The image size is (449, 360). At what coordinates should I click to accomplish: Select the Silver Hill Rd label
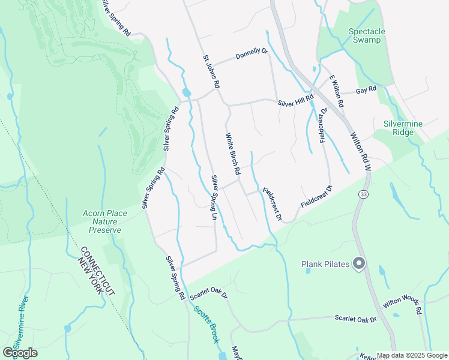click(x=295, y=101)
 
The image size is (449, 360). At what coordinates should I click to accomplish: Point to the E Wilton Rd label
click(x=336, y=91)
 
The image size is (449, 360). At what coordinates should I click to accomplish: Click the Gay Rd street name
click(x=366, y=89)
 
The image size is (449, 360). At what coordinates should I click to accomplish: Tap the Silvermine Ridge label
click(x=403, y=128)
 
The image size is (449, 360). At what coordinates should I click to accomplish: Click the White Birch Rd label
click(x=233, y=154)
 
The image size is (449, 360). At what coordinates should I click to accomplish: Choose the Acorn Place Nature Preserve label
click(x=105, y=221)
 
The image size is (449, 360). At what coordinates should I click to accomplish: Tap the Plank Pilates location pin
click(x=359, y=263)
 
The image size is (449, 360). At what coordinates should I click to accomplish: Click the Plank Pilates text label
click(x=325, y=264)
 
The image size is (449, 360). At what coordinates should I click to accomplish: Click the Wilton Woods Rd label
click(x=403, y=307)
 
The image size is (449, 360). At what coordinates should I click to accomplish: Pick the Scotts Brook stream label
click(x=206, y=324)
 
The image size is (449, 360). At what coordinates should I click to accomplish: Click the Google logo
click(x=20, y=353)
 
